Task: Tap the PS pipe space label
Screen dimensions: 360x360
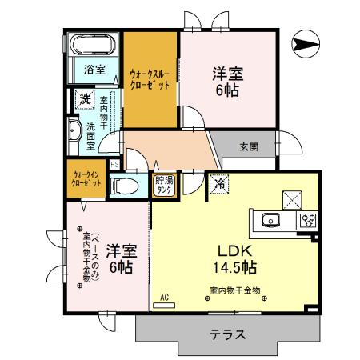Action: [x=114, y=164]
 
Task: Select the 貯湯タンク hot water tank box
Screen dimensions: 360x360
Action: [x=164, y=184]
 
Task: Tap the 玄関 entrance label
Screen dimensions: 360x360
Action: [x=248, y=146]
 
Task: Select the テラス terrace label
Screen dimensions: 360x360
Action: [x=229, y=334]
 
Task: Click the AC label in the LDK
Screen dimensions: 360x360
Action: [x=164, y=297]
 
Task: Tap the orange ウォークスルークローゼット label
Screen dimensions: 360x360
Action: [x=149, y=80]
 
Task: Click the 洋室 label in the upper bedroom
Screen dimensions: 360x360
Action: [x=226, y=74]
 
